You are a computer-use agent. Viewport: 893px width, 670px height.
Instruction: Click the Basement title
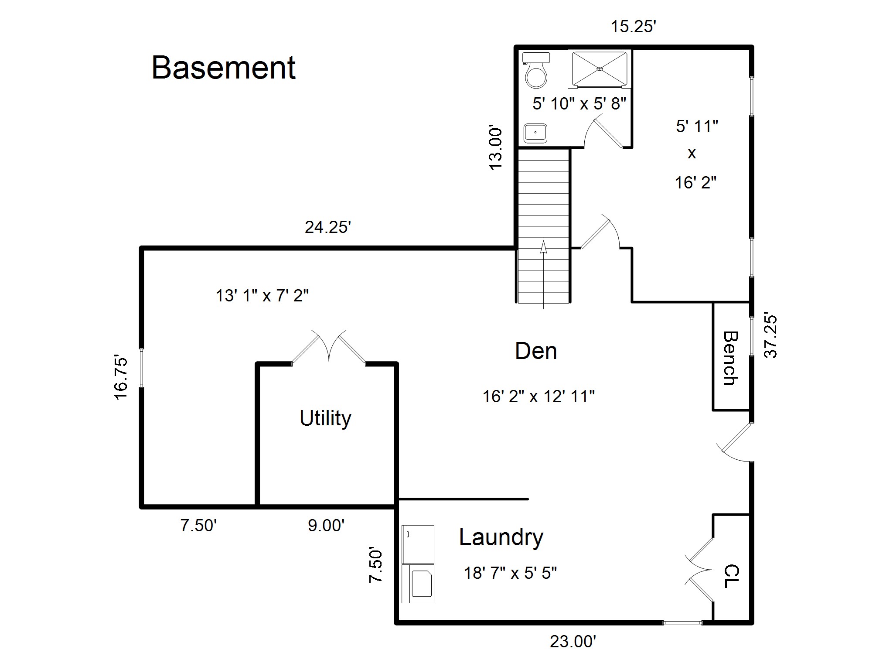coord(224,68)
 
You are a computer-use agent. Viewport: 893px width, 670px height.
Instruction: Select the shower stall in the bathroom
coord(600,69)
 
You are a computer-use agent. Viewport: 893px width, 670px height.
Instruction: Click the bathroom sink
coord(535,133)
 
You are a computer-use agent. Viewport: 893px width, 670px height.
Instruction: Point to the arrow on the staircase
coord(543,274)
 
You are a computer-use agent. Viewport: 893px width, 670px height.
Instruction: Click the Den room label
coord(536,351)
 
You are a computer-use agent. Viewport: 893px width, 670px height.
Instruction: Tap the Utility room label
coord(325,418)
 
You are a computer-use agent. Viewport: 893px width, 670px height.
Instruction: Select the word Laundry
coord(501,538)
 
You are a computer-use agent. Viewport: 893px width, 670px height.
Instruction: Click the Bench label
coord(731,358)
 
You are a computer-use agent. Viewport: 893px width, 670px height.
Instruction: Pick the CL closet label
coord(732,576)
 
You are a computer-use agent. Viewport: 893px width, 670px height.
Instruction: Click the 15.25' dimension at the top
coord(634,27)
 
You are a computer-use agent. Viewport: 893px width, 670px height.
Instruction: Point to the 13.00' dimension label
coord(496,148)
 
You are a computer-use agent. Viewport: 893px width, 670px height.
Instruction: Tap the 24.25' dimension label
coord(328,227)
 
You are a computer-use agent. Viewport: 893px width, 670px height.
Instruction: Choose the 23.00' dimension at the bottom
coord(573,642)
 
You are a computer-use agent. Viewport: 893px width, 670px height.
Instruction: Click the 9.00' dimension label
coord(326,526)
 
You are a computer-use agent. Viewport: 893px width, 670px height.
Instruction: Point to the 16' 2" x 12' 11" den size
coord(539,397)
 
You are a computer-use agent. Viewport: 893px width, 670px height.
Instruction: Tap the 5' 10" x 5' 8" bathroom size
coord(579,104)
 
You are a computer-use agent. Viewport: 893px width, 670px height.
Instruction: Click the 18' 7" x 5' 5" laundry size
coord(510,573)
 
